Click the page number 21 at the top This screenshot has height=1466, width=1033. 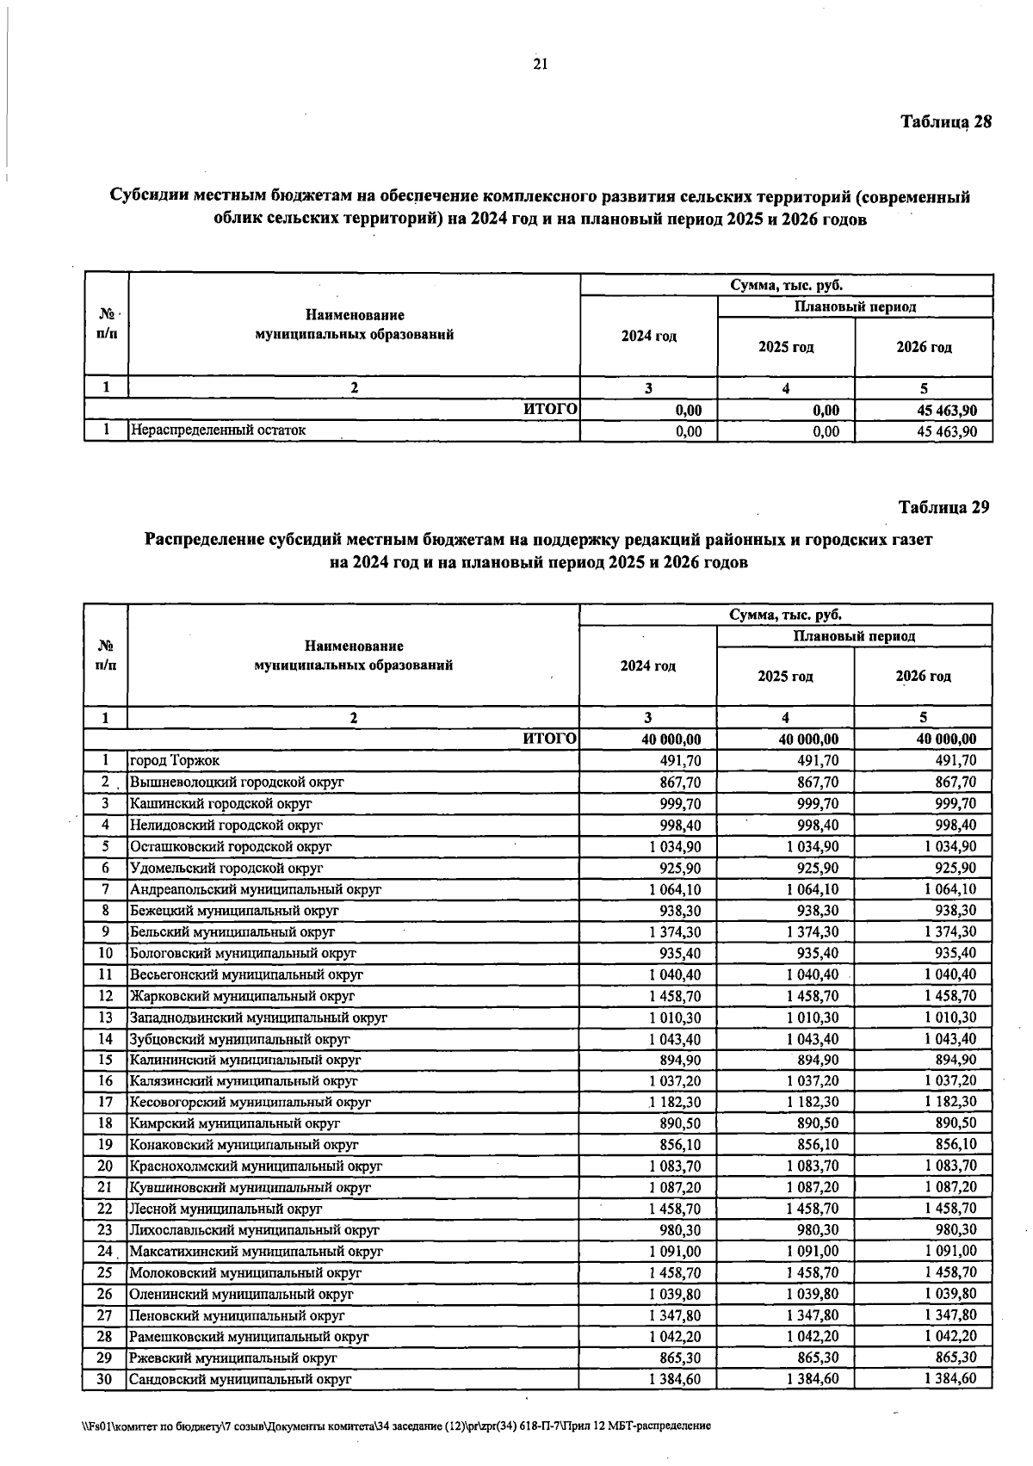[x=541, y=64]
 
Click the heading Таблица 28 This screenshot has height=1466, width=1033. [x=946, y=121]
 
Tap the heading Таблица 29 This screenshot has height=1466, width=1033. [x=944, y=507]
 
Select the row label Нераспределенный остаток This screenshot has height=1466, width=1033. [x=218, y=430]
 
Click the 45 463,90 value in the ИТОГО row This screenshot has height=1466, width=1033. [x=946, y=411]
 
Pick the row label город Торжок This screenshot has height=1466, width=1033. [x=175, y=760]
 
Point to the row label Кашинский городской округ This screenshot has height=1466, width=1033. [x=220, y=803]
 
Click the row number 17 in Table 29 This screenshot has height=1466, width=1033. [x=105, y=1101]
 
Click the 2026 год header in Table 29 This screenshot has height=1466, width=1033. [x=923, y=677]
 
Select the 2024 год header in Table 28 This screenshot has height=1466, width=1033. [x=648, y=336]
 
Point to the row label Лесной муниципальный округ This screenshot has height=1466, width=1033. [x=213, y=1208]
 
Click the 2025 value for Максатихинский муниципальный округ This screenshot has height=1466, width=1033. [x=813, y=1251]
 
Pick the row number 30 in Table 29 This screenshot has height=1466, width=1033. [x=105, y=1378]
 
